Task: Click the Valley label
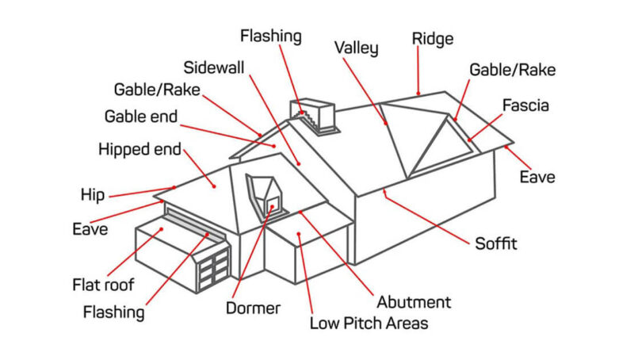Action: click(356, 48)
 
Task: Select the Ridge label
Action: click(432, 38)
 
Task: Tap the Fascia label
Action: click(525, 105)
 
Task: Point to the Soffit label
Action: click(495, 243)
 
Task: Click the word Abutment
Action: click(414, 301)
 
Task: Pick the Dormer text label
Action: click(253, 308)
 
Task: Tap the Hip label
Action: click(92, 195)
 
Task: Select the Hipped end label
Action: click(139, 149)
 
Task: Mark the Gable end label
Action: click(141, 117)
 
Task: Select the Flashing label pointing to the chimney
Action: click(271, 36)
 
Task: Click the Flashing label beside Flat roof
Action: click(114, 312)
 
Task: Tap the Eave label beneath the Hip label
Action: click(90, 229)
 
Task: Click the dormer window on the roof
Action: click(264, 193)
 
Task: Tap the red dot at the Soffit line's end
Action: click(384, 190)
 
